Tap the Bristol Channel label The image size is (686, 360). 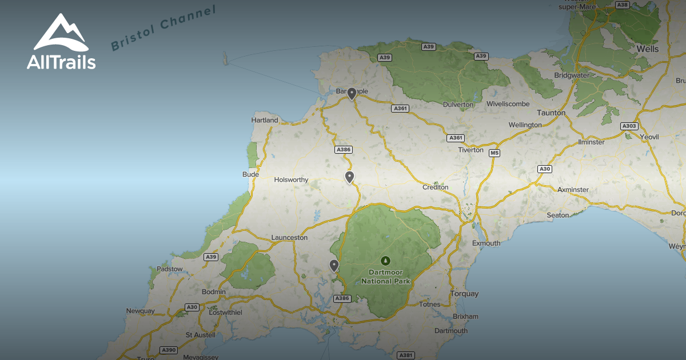point(163,28)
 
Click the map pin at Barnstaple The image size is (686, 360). point(352,93)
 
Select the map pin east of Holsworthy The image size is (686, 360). point(349,177)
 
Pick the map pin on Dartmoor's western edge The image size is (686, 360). point(334,265)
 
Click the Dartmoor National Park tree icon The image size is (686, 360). point(386,261)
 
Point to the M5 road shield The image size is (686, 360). point(494,153)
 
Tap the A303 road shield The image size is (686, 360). point(629,126)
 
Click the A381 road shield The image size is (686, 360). point(405,355)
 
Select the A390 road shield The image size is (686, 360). point(169,350)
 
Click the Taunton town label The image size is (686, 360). point(552,113)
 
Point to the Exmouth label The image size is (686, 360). point(486,243)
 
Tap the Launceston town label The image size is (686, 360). point(289,237)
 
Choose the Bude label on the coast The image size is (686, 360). point(250,174)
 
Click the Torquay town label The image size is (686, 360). point(464,294)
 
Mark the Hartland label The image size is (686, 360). point(265,120)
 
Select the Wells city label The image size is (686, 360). point(648,49)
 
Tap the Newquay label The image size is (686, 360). point(141,311)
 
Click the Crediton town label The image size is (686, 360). point(436,187)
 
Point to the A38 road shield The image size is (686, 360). point(623,5)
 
